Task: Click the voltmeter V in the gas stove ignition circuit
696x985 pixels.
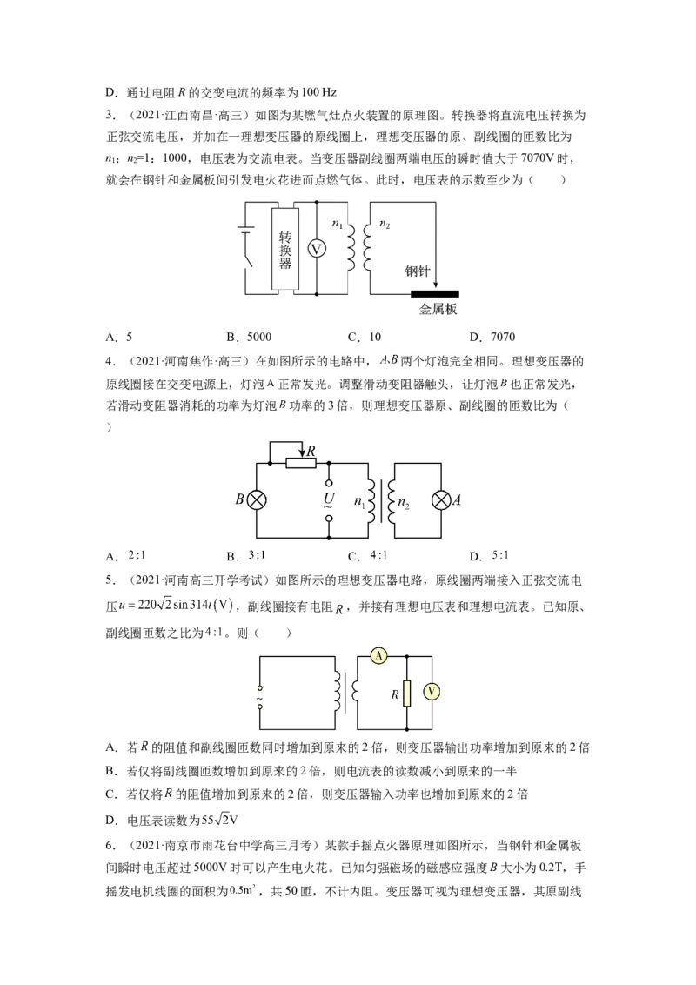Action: tap(318, 249)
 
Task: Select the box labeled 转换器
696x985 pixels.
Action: tap(284, 249)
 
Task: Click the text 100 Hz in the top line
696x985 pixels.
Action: tap(314, 91)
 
